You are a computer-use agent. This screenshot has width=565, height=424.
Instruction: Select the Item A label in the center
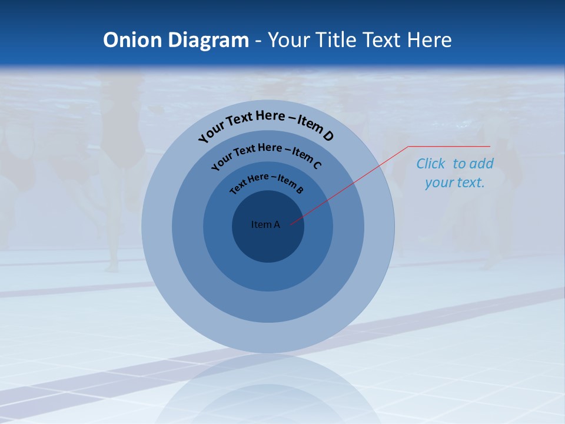tap(265, 224)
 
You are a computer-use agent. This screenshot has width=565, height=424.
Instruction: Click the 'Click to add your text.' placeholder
tap(454, 173)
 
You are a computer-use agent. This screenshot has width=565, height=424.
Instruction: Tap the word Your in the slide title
tap(291, 40)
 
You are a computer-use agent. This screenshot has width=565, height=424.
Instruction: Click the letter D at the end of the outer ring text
tap(328, 137)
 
